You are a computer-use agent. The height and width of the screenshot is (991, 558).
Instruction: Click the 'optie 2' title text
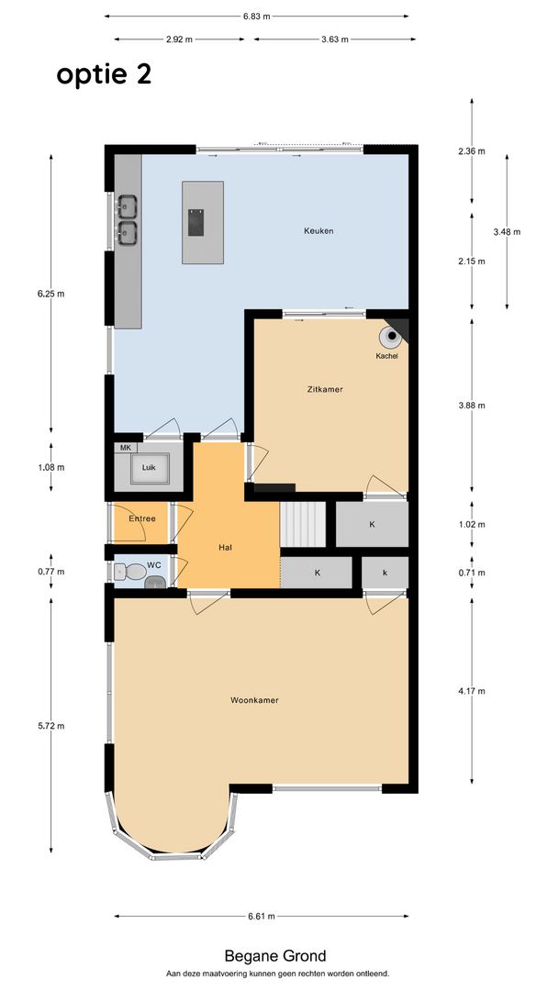(104, 75)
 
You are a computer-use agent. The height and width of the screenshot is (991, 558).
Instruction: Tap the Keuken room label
(318, 230)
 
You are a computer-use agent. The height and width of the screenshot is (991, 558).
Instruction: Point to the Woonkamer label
(254, 700)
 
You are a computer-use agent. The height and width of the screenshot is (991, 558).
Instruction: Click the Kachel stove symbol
(390, 337)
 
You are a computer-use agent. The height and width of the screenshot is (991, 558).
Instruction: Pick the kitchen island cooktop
(195, 222)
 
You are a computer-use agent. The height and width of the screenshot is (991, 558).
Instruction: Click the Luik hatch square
(150, 468)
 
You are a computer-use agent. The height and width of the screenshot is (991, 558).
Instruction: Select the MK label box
(125, 448)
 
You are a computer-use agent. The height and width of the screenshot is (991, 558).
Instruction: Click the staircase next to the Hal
(303, 525)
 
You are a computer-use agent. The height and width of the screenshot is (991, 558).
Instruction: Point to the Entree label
(142, 518)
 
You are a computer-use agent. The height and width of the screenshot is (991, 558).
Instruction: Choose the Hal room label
(225, 547)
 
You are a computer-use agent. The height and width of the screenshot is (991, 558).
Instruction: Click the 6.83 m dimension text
(256, 17)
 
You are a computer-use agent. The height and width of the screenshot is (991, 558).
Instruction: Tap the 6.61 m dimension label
(262, 917)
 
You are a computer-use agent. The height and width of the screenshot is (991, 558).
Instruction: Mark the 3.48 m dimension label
(507, 231)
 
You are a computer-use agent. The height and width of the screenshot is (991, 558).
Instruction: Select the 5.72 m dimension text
(51, 726)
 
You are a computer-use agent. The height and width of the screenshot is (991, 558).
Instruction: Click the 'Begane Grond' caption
(275, 956)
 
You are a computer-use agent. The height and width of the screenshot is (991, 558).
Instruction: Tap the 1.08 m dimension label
(51, 468)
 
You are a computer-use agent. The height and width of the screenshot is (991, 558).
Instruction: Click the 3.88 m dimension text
(472, 406)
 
